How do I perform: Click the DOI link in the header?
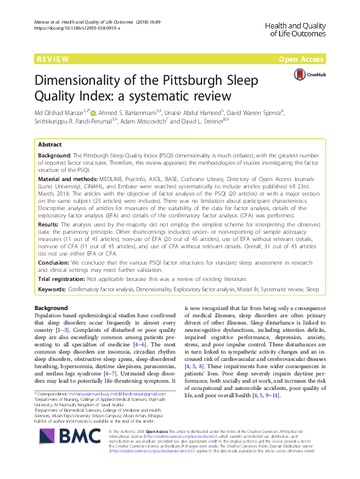(x=77, y=28)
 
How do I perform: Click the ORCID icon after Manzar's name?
(x=93, y=111)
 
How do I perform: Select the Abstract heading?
(x=50, y=145)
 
